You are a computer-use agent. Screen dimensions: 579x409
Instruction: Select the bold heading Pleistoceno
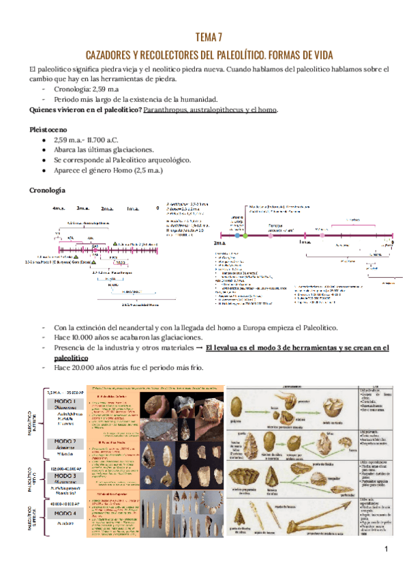[x=46, y=128]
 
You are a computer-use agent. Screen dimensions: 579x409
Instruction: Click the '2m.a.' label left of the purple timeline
[x=219, y=243]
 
